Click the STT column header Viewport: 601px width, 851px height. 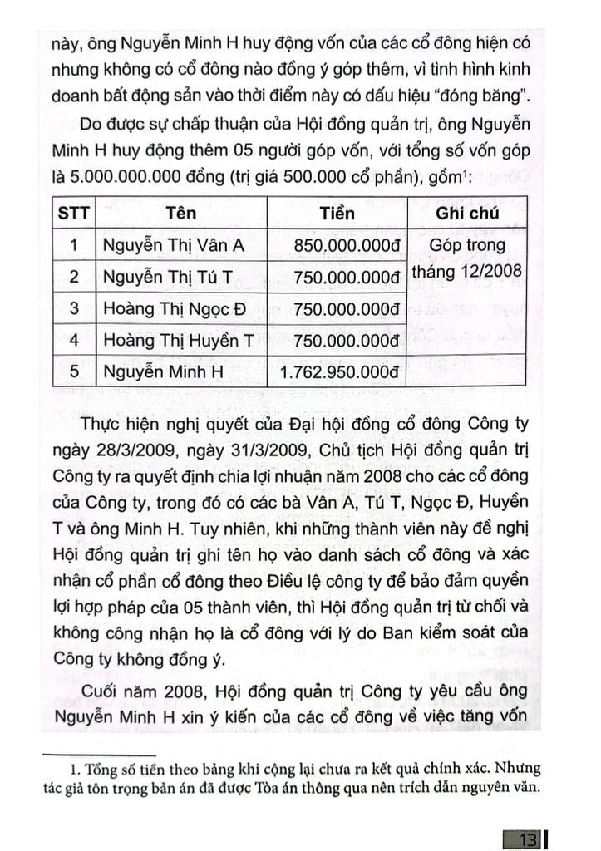73,213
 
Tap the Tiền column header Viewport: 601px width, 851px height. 337,213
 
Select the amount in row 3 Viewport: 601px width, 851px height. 342,308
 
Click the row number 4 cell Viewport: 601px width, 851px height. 73,340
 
